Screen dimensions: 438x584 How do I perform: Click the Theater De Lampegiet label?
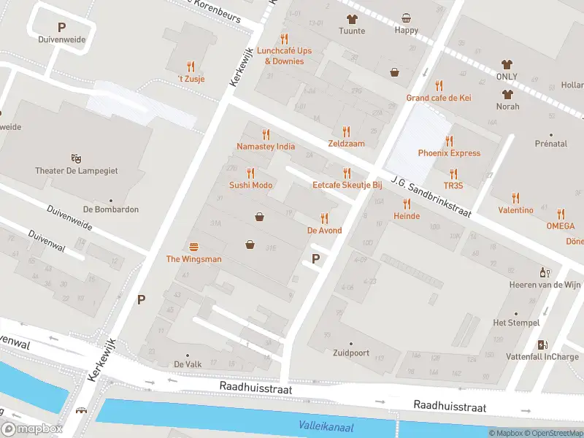76,171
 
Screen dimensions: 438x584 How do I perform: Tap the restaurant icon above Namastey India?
266,134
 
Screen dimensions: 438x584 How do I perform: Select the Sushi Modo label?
250,185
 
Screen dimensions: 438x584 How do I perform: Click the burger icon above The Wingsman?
193,247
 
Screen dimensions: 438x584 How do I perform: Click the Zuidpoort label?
350,353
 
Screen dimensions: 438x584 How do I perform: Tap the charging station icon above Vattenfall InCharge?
542,345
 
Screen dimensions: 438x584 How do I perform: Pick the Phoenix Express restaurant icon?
449,141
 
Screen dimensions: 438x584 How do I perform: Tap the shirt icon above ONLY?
507,65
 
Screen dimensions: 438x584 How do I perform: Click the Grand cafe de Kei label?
439,98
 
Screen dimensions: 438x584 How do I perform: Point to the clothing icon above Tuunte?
351,19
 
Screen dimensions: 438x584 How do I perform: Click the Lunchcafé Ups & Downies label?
283,56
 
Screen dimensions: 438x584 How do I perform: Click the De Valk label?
188,364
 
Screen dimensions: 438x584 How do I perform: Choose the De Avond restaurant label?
324,231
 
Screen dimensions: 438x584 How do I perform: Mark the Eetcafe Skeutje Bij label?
347,185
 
